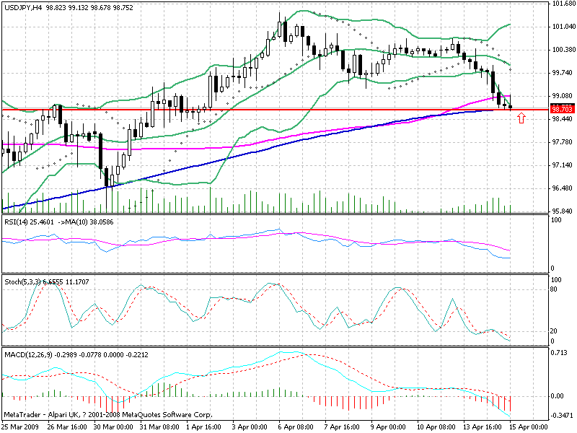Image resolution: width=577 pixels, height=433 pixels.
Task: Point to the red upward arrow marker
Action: click(521, 117)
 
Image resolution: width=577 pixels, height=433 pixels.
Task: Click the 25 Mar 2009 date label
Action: click(21, 427)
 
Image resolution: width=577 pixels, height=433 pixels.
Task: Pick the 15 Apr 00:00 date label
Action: click(532, 427)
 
